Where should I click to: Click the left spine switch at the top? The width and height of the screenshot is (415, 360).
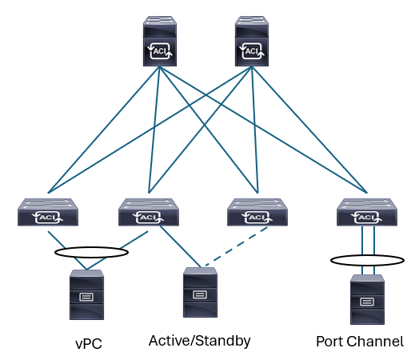[x=160, y=41]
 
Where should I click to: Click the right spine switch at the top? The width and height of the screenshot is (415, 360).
[x=252, y=41]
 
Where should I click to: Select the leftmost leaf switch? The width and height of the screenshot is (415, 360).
[x=48, y=212]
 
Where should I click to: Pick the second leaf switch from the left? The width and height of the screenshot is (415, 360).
[x=149, y=212]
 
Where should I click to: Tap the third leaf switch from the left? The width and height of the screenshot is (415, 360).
[x=257, y=212]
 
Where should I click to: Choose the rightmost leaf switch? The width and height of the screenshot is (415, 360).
[x=367, y=212]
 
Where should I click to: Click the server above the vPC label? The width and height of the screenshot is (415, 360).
[x=86, y=294]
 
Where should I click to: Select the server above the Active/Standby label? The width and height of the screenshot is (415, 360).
[x=200, y=292]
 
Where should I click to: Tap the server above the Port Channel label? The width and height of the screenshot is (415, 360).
[x=367, y=299]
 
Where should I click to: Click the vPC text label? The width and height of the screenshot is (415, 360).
[x=89, y=343]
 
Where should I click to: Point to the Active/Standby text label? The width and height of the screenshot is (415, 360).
[x=200, y=341]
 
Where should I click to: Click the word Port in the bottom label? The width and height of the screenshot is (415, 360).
[x=329, y=342]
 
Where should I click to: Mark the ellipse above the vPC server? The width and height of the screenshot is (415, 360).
[x=91, y=247]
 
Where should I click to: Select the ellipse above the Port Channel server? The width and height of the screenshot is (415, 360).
[x=367, y=255]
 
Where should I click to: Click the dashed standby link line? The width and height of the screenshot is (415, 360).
[x=237, y=246]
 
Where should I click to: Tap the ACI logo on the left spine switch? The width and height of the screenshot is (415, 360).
[x=160, y=50]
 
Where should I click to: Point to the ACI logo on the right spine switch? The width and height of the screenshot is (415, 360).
[x=252, y=50]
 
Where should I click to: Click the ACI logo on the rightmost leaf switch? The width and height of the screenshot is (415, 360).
[x=367, y=218]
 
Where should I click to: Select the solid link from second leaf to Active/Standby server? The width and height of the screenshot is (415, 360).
[x=180, y=246]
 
